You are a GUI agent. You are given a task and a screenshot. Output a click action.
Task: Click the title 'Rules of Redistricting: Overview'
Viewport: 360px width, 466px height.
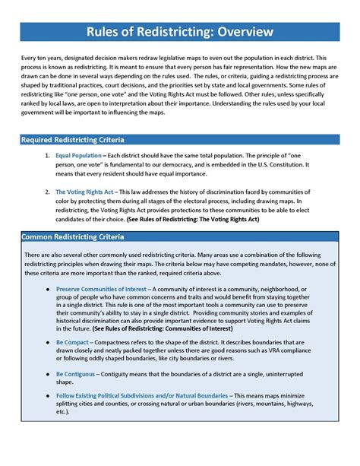coord(179,32)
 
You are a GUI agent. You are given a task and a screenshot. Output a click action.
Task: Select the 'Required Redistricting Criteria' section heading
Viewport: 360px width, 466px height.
coord(73,141)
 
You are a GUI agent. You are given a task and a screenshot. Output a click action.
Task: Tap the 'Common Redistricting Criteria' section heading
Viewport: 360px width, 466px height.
coord(74,237)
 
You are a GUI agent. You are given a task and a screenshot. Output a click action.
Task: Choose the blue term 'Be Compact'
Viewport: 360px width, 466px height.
coord(72,343)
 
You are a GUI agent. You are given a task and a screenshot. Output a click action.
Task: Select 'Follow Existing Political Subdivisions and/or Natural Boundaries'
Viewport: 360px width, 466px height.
coord(141,396)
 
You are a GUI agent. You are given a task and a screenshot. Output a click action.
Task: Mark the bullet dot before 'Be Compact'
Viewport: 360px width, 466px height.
coord(47,343)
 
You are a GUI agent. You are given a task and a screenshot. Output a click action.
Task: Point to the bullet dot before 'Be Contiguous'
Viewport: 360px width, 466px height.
coord(47,375)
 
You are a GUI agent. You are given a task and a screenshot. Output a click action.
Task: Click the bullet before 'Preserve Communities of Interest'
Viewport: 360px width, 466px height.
coord(47,290)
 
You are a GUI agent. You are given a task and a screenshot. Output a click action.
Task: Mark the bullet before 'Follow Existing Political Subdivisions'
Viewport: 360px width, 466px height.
coord(47,396)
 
